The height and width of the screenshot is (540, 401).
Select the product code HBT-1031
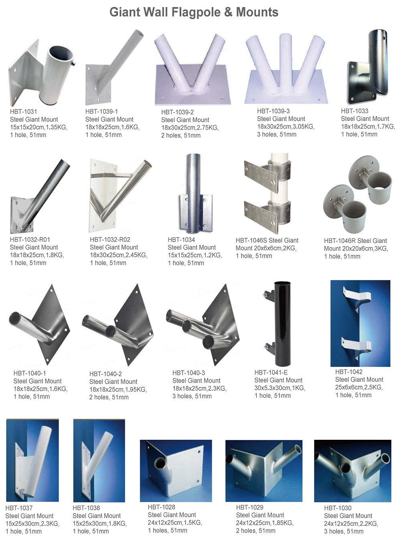pos(23,112)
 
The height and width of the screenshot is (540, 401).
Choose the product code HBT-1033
pos(354,111)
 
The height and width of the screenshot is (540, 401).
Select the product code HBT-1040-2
pos(105,374)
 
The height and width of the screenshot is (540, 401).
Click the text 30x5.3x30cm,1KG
pos(279,388)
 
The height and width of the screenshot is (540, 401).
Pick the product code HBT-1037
pos(19,508)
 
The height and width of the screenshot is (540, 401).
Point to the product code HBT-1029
pos(250,508)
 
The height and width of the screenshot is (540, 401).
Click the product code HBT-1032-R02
pos(110,240)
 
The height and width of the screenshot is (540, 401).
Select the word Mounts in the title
pos(257,12)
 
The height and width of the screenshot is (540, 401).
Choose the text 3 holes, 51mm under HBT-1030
pos(344,531)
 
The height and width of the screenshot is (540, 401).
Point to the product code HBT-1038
pos(86,508)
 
